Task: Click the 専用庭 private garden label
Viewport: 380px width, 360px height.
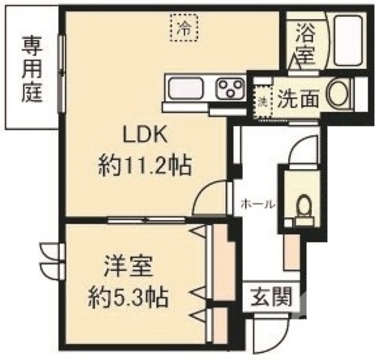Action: pyautogui.click(x=31, y=70)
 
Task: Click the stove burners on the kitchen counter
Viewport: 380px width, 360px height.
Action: pyautogui.click(x=229, y=87)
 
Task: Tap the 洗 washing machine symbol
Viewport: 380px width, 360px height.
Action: pyautogui.click(x=262, y=101)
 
